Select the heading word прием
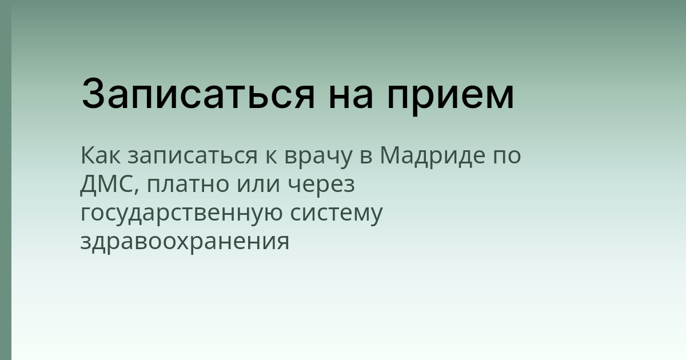point(450,97)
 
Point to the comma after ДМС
point(137,191)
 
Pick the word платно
point(184,186)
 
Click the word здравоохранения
point(185,242)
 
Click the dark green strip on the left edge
point(5,180)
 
